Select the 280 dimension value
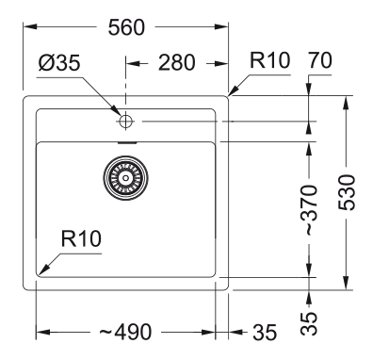point(176,64)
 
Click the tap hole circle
point(124,121)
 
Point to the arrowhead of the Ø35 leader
point(117,115)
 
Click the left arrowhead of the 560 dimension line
point(23,27)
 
